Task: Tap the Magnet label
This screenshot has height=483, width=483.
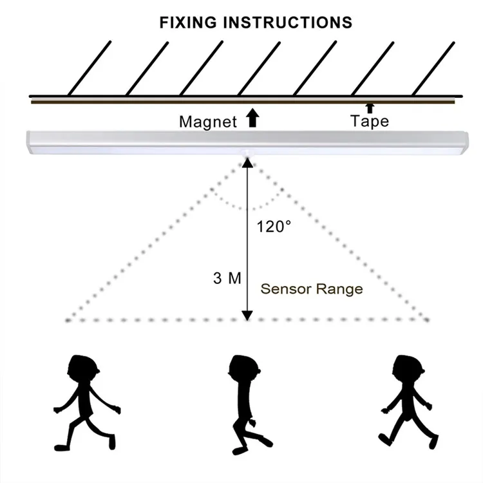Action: coord(208,121)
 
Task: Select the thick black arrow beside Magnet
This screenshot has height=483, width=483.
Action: coord(252,118)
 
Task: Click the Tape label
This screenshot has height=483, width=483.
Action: coord(370,120)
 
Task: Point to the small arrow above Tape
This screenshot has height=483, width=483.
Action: coord(369,107)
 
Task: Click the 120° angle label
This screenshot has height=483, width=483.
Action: coord(274,227)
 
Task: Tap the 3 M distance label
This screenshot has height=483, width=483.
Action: coord(226,279)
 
